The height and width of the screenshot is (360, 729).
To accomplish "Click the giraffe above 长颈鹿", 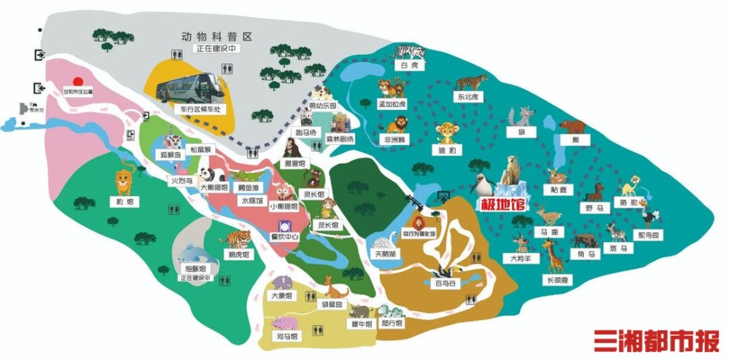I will [555, 258].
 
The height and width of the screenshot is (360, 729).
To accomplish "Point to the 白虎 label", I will [408, 65].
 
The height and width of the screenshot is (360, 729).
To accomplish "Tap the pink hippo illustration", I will [285, 322].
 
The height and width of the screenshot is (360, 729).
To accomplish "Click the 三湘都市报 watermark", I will [655, 340].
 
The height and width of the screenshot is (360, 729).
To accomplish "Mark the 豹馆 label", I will [125, 201].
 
